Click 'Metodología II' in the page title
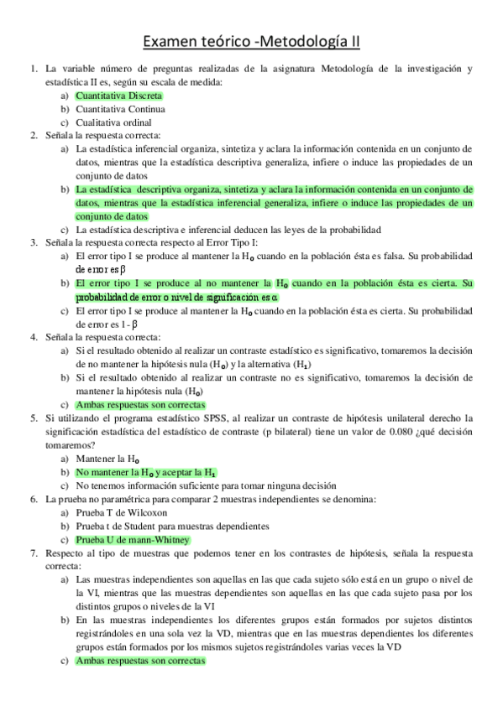pyautogui.click(x=313, y=41)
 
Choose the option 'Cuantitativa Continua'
pyautogui.click(x=119, y=109)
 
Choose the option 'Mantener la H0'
pyautogui.click(x=107, y=459)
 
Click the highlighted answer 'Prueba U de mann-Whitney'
pyautogui.click(x=133, y=539)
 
